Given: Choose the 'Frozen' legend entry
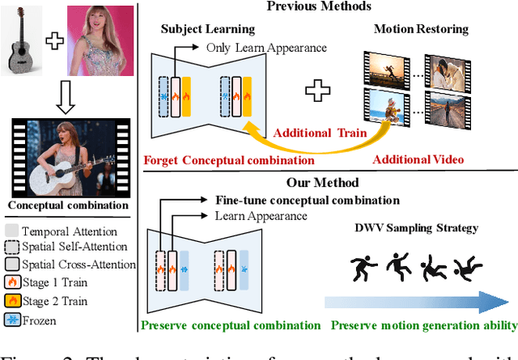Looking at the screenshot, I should coord(37,319).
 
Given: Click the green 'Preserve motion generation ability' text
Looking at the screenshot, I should coord(423,326).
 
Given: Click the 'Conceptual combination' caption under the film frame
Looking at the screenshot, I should coord(66,204).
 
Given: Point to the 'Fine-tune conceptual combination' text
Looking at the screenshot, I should coord(307,200).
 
